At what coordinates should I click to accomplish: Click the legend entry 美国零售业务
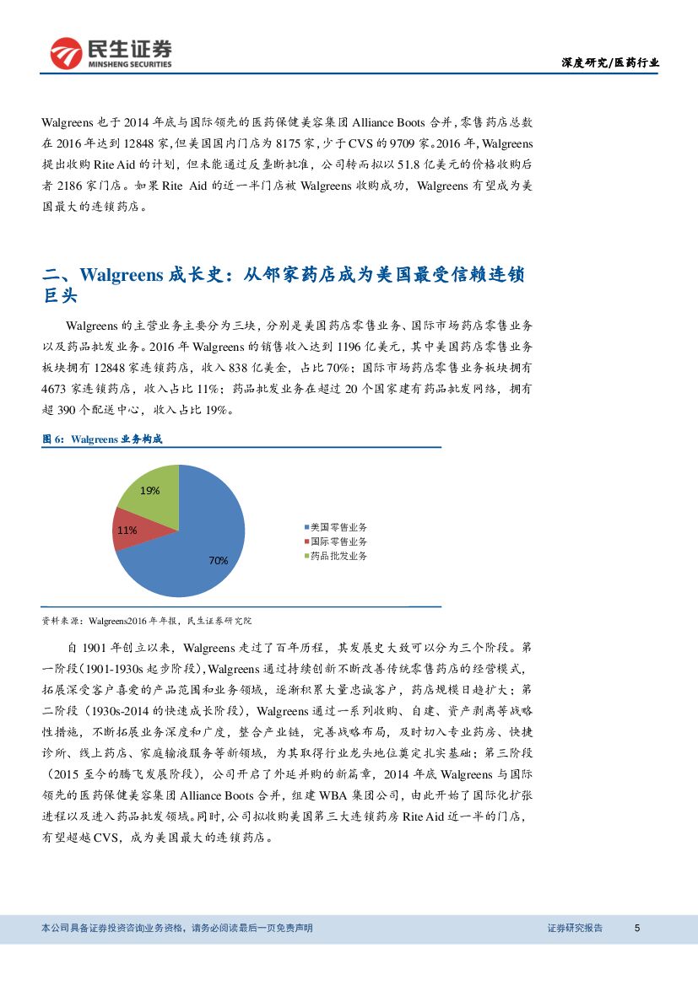(338, 526)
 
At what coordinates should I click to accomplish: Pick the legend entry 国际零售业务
(338, 541)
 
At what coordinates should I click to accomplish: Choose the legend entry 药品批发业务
(338, 556)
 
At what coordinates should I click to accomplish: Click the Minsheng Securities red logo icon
(65, 54)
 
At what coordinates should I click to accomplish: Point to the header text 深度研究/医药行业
(610, 62)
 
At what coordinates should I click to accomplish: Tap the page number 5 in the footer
(637, 928)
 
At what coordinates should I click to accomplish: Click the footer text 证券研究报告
(575, 928)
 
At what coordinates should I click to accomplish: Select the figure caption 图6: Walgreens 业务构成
(102, 439)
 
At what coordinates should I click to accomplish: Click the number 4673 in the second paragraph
(58, 389)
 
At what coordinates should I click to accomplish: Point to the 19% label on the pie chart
(150, 490)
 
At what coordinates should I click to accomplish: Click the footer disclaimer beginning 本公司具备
(177, 928)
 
